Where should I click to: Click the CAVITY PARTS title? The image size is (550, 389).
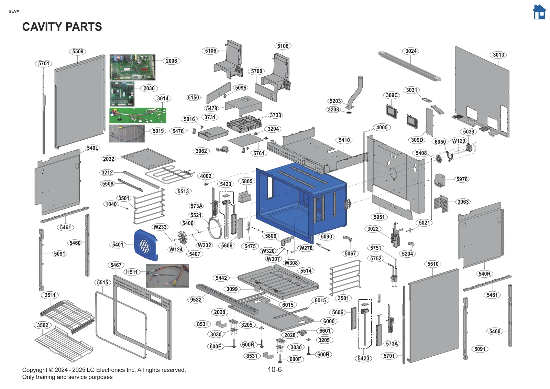(62, 26)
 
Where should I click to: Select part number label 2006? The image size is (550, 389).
(171, 61)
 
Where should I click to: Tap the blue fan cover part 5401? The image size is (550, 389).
(145, 245)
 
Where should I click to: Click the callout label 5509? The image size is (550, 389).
(78, 52)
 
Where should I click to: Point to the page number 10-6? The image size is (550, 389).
(275, 369)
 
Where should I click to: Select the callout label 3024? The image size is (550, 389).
(411, 51)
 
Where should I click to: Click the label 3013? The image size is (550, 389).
(498, 55)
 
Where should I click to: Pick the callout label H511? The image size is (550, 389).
(132, 272)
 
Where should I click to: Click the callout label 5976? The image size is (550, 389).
(462, 179)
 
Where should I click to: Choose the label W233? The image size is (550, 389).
(160, 227)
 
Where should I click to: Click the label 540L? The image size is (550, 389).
(92, 148)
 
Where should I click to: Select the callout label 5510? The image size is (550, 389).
(433, 264)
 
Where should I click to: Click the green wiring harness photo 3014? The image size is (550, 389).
(137, 115)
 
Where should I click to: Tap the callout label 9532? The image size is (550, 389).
(196, 300)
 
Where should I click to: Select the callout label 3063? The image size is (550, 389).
(463, 202)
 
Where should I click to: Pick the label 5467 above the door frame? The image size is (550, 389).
(116, 265)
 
